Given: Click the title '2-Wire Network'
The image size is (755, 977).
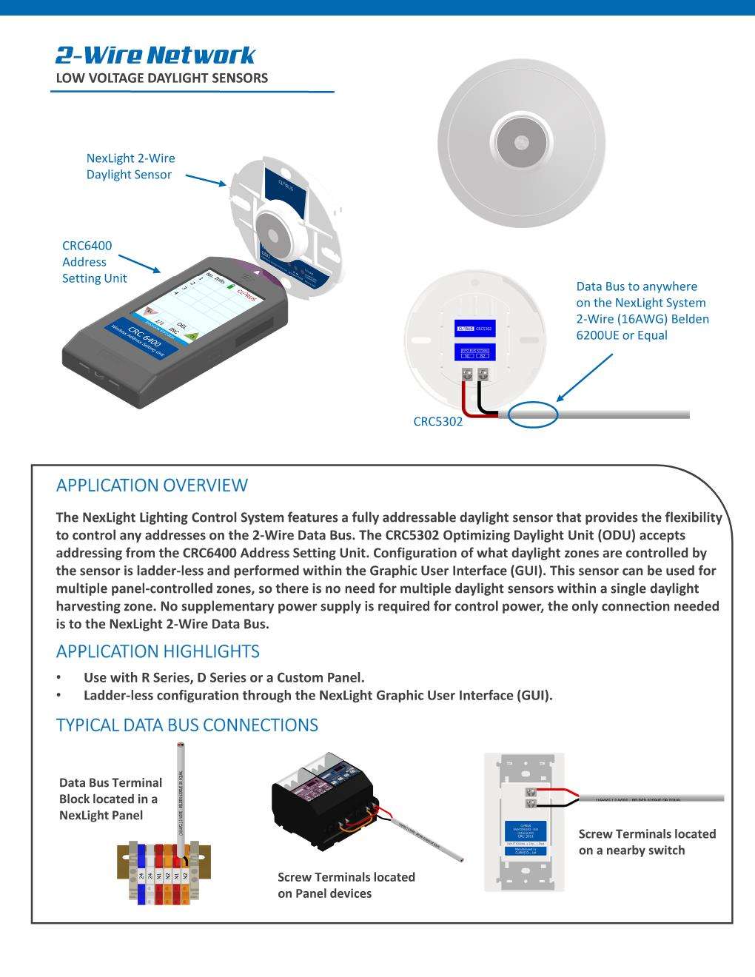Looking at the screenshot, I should (x=155, y=56).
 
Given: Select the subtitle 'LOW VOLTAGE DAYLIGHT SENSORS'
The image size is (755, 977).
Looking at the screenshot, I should (x=162, y=78).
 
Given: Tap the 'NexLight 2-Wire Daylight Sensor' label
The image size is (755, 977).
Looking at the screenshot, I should (x=130, y=167).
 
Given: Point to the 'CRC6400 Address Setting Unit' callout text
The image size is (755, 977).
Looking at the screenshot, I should (x=94, y=262).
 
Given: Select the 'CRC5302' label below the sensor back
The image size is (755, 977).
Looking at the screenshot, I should (x=437, y=422).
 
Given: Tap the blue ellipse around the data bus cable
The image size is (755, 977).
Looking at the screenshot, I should (x=533, y=414).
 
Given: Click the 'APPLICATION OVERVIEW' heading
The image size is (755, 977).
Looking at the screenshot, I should (x=152, y=486).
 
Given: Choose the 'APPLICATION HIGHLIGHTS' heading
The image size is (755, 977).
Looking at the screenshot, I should (x=158, y=651).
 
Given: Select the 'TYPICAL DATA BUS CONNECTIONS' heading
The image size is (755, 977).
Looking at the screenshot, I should (x=187, y=725).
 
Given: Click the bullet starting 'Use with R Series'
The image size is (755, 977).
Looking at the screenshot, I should (x=224, y=677).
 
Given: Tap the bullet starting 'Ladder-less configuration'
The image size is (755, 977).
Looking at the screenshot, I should (x=318, y=695).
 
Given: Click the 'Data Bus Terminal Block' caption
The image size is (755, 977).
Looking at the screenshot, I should (x=110, y=799).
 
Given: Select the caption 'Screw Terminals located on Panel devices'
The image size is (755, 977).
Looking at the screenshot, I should (x=346, y=885).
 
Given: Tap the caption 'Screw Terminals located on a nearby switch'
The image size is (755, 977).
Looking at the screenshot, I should (x=647, y=842).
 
